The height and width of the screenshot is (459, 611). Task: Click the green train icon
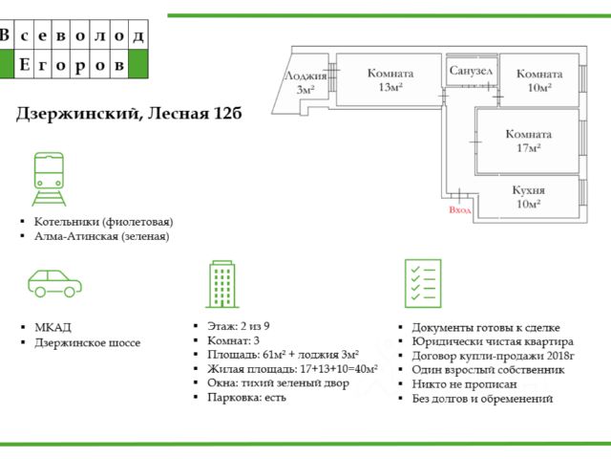point(49,179)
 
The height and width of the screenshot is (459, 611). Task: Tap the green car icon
point(55,283)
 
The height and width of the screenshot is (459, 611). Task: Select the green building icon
point(222,284)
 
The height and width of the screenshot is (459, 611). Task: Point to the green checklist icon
point(423,283)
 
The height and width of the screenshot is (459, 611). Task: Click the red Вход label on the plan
point(460,210)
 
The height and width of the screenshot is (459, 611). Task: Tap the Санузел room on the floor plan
point(472,71)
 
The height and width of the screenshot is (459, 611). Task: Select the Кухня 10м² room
point(528,197)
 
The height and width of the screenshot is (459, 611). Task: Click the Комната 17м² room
point(528,141)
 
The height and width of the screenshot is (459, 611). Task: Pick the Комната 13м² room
point(390,79)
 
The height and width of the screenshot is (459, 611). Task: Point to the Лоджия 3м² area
point(305,83)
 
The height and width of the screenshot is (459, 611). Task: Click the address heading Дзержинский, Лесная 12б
point(129,114)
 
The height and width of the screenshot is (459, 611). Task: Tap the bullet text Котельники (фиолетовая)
point(104,222)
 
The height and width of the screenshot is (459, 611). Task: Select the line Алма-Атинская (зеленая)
point(102,236)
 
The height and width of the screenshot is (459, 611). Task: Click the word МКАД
point(53,327)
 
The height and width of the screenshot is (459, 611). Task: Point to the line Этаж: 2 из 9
point(239,326)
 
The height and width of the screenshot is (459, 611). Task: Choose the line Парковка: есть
point(246,398)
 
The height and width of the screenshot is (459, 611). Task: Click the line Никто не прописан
point(465,384)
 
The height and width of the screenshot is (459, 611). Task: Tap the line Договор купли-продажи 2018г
point(494,356)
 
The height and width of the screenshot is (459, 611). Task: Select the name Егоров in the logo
point(72,64)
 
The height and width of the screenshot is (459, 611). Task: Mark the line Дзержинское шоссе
point(87,342)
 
